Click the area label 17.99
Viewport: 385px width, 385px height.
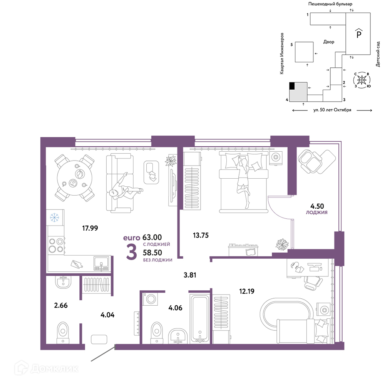pos(90,228)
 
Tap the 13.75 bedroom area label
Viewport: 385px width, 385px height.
pos(201,235)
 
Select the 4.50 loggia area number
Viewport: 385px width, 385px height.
pos(317,206)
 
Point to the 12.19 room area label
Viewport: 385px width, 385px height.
pos(247,291)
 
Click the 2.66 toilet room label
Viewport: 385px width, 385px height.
pos(61,305)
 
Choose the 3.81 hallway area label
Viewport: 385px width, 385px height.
pos(190,275)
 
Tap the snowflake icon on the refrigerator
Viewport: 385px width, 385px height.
pos(54,217)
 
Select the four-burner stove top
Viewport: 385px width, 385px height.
pos(56,245)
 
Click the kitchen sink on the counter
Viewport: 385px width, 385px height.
pos(101,263)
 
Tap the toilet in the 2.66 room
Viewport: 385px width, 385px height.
pos(63,333)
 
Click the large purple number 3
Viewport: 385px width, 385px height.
pos(131,252)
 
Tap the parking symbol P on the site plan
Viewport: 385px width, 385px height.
pos(359,33)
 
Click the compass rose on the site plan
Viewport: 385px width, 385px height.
pos(362,80)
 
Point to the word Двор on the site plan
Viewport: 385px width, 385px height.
pos(328,42)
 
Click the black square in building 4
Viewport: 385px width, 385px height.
pos(292,86)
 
